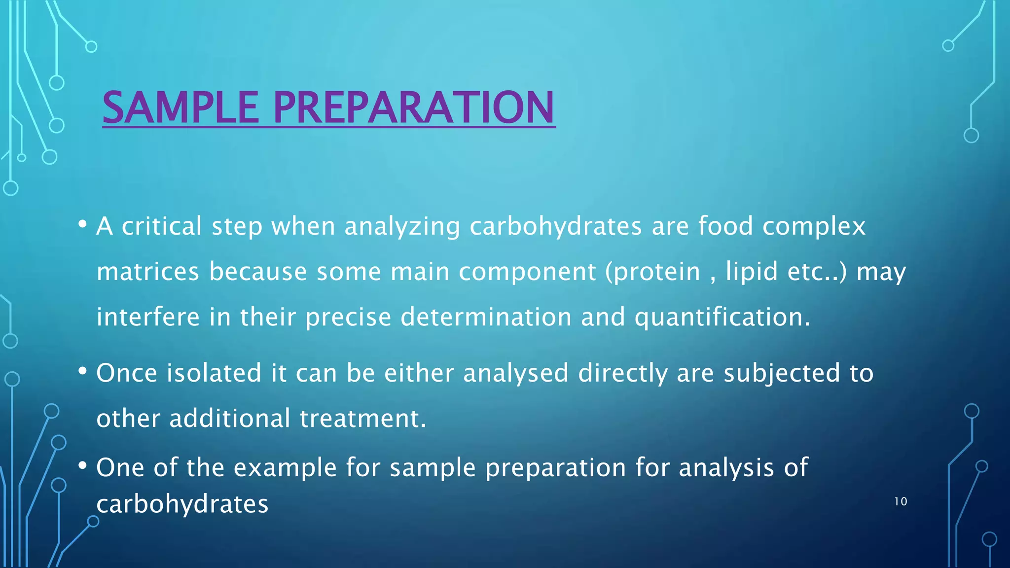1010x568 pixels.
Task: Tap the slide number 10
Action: pyautogui.click(x=901, y=501)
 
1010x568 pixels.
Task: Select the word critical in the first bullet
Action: pyautogui.click(x=162, y=226)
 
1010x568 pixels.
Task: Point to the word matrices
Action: pyautogui.click(x=148, y=272)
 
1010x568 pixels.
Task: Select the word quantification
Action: pyautogui.click(x=722, y=317)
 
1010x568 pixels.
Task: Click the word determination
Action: pyautogui.click(x=486, y=317)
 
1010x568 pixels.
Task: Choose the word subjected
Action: pyautogui.click(x=782, y=373)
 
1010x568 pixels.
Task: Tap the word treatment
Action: pyautogui.click(x=362, y=419)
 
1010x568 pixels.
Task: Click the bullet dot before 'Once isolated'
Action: pyautogui.click(x=82, y=371)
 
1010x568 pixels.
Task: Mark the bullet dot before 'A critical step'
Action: pyautogui.click(x=82, y=224)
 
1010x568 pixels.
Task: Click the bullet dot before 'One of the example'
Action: pyautogui.click(x=82, y=465)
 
